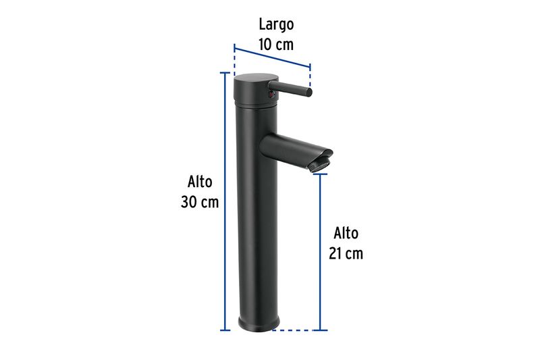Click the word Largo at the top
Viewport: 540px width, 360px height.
276,25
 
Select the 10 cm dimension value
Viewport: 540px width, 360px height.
276,45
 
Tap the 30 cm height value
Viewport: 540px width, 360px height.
200,202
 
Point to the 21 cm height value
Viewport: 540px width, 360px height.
346,253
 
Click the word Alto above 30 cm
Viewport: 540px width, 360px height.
200,182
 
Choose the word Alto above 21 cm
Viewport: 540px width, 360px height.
346,233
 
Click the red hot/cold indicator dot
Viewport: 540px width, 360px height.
272,94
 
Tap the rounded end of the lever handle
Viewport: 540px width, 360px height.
308,92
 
